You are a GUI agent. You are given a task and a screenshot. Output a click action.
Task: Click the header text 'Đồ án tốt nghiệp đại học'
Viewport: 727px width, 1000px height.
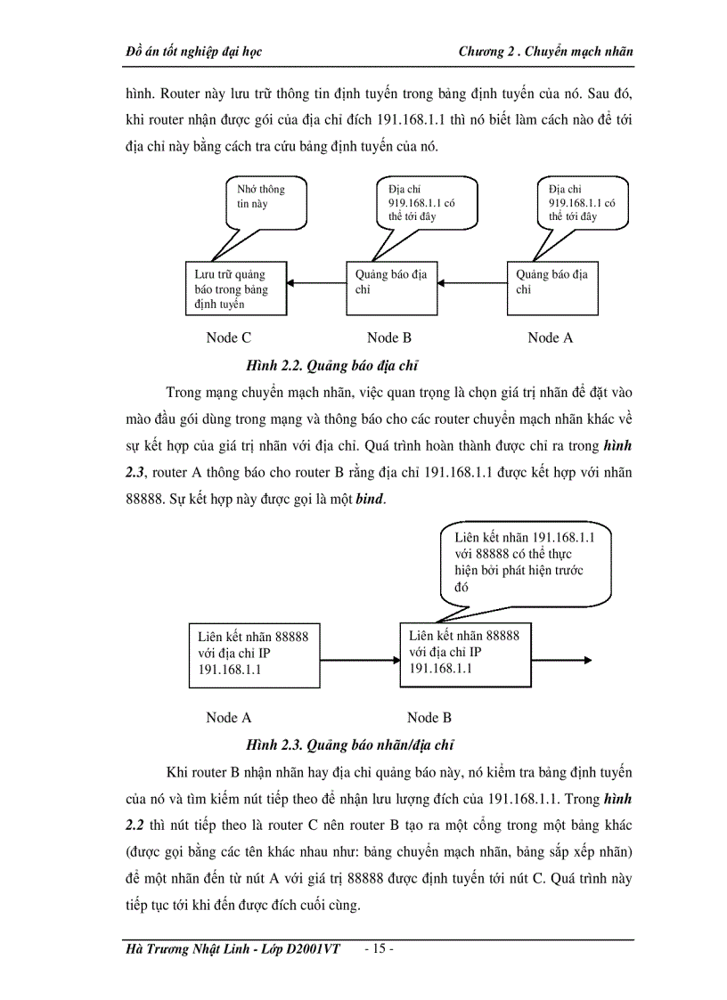(194, 52)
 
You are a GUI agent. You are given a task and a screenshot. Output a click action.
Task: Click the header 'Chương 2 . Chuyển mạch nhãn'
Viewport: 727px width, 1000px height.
(545, 52)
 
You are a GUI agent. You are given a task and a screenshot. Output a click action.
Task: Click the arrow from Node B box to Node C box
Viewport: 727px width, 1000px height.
(316, 284)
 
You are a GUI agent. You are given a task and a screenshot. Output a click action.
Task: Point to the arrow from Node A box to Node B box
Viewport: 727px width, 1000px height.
(472, 284)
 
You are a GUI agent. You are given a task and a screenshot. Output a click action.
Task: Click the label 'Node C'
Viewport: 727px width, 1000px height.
(228, 337)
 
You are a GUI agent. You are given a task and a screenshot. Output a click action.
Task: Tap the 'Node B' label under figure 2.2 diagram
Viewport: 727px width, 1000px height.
(389, 337)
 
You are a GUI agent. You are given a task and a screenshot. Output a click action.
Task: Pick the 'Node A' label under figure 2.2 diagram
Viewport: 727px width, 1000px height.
(550, 337)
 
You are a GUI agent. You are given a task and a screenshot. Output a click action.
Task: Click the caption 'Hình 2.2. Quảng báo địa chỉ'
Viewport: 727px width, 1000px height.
(331, 365)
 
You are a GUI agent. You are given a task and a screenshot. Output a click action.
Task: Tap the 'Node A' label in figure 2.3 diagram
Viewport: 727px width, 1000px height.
(228, 718)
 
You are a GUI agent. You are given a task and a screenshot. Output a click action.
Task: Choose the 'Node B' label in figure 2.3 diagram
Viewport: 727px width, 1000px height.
(429, 718)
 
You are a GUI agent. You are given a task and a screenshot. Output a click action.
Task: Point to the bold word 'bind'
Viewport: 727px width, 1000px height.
(370, 500)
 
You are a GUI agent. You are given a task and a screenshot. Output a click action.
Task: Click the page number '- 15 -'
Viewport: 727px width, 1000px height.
(379, 948)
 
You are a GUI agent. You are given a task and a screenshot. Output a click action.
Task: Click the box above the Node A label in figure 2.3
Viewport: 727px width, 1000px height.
(253, 655)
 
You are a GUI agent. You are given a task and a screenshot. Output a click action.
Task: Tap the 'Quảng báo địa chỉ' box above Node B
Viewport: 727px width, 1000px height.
(391, 288)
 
